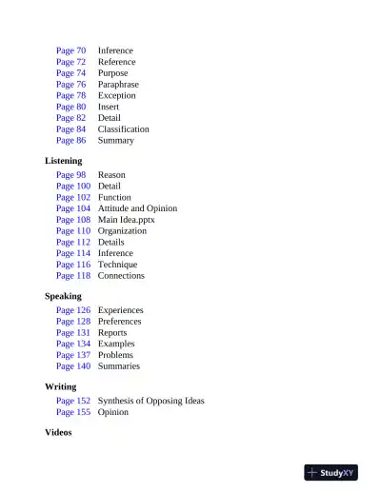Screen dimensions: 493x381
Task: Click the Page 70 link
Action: pos(70,50)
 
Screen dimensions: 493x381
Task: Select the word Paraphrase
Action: pos(118,85)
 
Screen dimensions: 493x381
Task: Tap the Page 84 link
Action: pos(70,129)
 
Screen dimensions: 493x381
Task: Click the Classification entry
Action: pos(123,129)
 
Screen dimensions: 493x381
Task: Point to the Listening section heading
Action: pos(64,161)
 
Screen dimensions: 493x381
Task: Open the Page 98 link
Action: pos(70,175)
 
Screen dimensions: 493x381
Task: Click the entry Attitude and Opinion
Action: pos(137,208)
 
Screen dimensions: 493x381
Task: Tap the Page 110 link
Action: pos(73,231)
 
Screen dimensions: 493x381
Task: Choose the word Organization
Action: pos(122,231)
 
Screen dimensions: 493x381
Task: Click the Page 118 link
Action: pos(73,276)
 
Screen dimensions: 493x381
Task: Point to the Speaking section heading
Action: pos(63,296)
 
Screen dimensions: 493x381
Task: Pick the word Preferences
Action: pos(119,322)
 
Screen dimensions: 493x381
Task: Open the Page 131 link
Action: pos(73,333)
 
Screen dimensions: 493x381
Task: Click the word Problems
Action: pos(115,355)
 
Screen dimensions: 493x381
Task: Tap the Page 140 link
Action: pos(73,366)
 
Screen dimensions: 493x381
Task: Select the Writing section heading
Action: pos(61,387)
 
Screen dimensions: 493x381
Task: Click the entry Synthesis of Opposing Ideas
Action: pos(150,402)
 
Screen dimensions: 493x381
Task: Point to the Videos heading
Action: pos(59,433)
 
